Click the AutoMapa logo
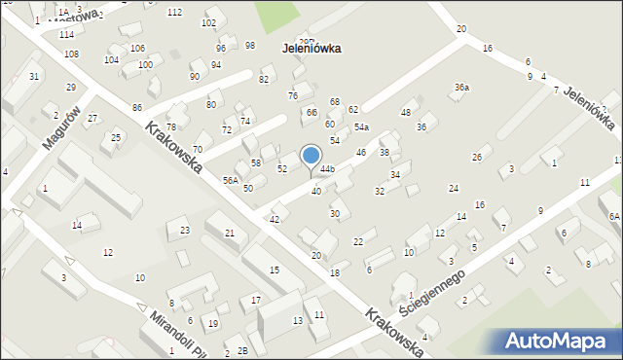pos(559,341)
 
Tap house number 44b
pos(327,169)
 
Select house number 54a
pos(361,127)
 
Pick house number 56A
pos(230,180)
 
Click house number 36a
pos(461,88)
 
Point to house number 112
pos(174,12)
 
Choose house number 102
pos(208,22)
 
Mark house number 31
pos(34,76)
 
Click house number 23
pos(184,230)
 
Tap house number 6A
pos(613,216)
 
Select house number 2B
pos(242,351)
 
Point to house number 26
pos(477,158)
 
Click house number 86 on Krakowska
pos(137,107)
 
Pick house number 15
pos(275,270)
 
